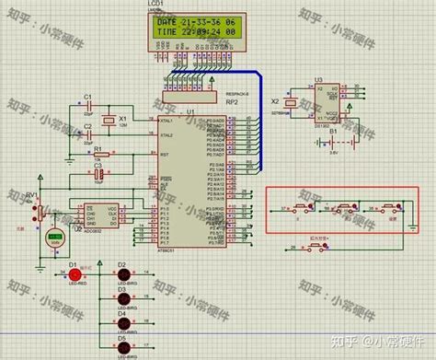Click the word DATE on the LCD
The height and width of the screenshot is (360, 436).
(x=168, y=20)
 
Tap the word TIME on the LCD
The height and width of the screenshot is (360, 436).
(x=168, y=31)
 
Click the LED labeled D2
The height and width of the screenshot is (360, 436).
(x=120, y=274)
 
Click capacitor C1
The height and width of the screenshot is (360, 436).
(x=88, y=106)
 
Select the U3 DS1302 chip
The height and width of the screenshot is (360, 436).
(x=323, y=103)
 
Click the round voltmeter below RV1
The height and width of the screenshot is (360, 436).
(x=55, y=238)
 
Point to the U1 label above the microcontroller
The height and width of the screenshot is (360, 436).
(x=191, y=110)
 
